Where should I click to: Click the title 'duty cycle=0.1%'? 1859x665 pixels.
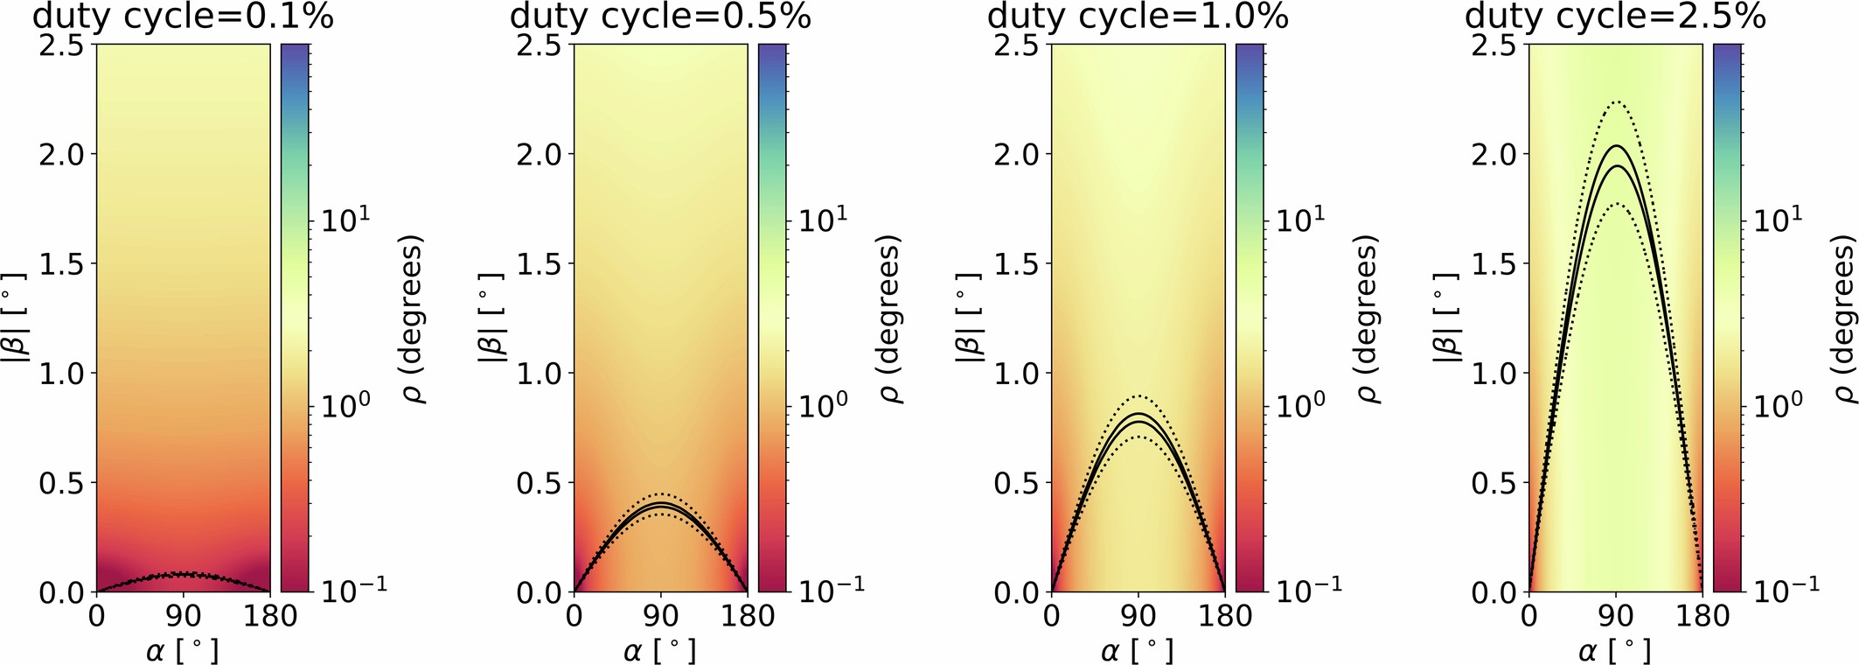(x=183, y=16)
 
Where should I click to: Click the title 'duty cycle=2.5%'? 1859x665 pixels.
(x=1615, y=16)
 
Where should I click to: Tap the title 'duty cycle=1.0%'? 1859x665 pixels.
(x=1138, y=16)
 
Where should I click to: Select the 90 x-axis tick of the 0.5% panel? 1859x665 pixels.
(x=661, y=615)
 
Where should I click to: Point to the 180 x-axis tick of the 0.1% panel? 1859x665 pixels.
(x=270, y=615)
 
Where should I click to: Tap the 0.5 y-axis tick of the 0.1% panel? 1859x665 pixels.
(x=60, y=483)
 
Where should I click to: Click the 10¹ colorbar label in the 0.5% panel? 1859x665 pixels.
(x=822, y=220)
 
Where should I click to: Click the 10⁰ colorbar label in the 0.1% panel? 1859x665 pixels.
(x=345, y=405)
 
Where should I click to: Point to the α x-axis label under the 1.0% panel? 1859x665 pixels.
(x=1138, y=650)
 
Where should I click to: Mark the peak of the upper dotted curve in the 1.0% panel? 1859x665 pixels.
(x=1138, y=395)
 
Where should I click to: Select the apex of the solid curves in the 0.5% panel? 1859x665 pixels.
(x=661, y=505)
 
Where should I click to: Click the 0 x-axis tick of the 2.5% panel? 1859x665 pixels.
(x=1528, y=615)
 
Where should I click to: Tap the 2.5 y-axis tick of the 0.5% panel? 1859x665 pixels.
(x=538, y=45)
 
